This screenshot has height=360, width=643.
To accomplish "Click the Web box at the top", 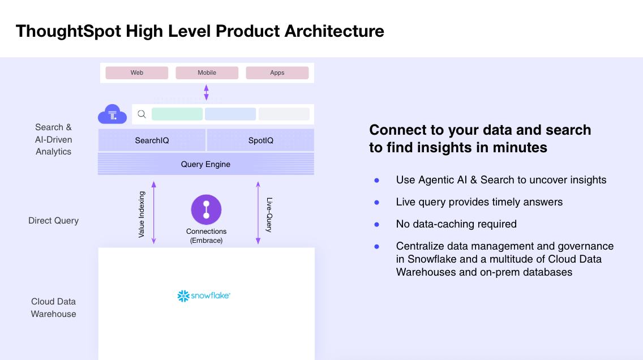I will (x=137, y=73).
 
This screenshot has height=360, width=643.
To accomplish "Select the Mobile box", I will (x=207, y=73).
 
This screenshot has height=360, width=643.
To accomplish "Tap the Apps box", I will (x=277, y=73).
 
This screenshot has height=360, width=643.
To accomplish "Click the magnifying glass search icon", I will (x=142, y=114).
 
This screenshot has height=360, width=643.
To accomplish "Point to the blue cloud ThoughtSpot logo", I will (x=112, y=115).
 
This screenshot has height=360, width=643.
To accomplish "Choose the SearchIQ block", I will (x=152, y=140).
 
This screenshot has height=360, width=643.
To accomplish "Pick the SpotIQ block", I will (x=260, y=140).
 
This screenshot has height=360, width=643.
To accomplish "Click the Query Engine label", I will (x=205, y=165).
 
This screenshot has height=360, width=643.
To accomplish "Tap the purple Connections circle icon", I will (x=206, y=209).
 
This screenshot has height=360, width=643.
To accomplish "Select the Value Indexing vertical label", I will (x=142, y=214).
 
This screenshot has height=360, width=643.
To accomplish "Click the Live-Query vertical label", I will (x=269, y=215).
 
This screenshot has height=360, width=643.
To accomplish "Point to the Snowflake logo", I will (x=203, y=295).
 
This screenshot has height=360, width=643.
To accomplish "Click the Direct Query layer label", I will (x=53, y=221).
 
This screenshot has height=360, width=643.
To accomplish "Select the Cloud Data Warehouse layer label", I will (x=53, y=308).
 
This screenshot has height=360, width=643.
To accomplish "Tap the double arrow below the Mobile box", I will (x=206, y=92).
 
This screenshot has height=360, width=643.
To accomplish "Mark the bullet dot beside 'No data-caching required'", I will (x=376, y=224).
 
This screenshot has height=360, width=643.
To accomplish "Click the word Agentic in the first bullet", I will (x=438, y=180).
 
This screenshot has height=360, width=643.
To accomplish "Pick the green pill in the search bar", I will (x=177, y=114).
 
